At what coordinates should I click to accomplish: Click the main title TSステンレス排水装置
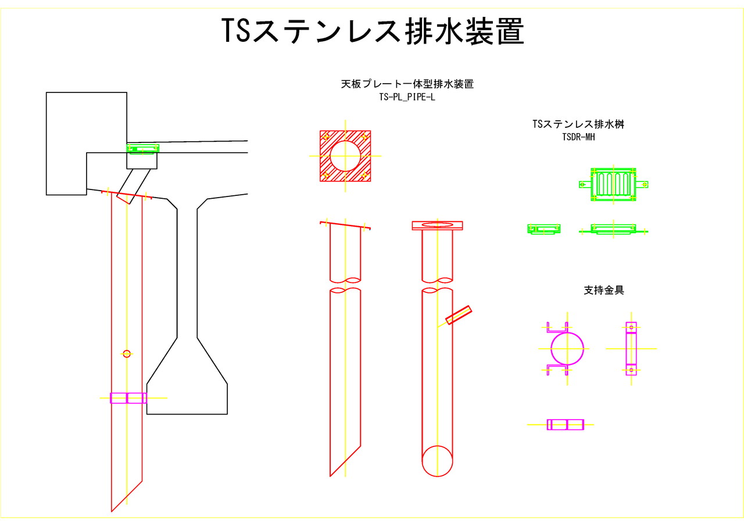click(x=373, y=31)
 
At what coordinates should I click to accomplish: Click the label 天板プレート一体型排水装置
click(x=407, y=84)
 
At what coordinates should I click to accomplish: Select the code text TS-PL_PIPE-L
click(x=407, y=98)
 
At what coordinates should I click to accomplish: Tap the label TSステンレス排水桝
click(x=578, y=124)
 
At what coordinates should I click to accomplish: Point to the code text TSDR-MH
click(x=578, y=137)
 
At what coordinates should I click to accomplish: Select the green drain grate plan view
click(x=613, y=185)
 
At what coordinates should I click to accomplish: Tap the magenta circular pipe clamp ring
click(x=567, y=349)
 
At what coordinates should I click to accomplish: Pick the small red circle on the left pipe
click(x=127, y=353)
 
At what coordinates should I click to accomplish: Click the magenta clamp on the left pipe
click(x=128, y=398)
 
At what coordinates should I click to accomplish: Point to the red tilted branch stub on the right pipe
click(x=459, y=315)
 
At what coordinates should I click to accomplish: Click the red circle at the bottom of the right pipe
click(x=437, y=461)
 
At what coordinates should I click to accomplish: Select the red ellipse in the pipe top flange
click(x=437, y=224)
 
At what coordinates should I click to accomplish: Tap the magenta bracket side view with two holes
click(x=631, y=349)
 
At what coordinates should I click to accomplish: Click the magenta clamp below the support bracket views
click(x=566, y=425)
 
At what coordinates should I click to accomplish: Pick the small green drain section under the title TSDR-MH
click(x=544, y=229)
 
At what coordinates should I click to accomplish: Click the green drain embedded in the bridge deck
click(x=142, y=149)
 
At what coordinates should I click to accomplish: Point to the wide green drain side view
click(x=613, y=229)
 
